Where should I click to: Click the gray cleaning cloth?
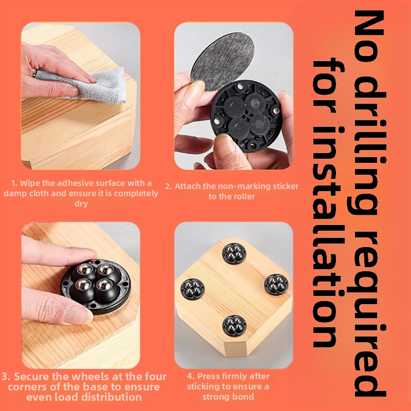point(86,85)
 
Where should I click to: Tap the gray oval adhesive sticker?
point(223,61)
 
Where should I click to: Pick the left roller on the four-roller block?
point(192,289)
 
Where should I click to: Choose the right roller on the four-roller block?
point(276,285)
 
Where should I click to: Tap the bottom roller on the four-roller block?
point(234,326)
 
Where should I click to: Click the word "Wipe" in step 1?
point(28,183)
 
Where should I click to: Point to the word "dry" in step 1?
point(81,203)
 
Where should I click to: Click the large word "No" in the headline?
point(368,36)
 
